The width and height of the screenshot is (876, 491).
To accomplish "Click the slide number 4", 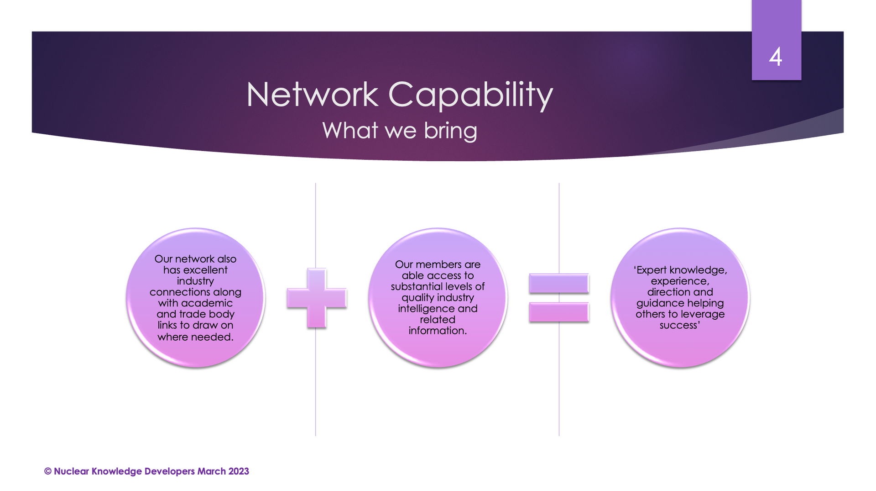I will coord(776,57).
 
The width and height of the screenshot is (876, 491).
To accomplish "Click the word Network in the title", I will coord(312,95).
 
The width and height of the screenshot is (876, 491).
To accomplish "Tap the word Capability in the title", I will coord(470,95).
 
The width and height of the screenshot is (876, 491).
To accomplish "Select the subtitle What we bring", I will coord(400,131).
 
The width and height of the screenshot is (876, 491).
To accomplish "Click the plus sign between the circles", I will coord(317,298).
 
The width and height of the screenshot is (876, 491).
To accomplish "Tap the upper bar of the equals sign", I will coord(559,283).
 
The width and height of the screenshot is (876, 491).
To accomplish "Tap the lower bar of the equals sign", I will coord(559,312).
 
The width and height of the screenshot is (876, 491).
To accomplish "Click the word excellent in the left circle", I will coord(205,270).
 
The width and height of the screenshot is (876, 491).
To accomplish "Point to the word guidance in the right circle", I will coord(657,303).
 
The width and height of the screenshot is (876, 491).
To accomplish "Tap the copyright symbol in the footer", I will coord(48,471).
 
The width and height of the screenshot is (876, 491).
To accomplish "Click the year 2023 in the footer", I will coord(239,471).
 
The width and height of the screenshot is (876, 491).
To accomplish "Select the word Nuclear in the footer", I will coord(71,471).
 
